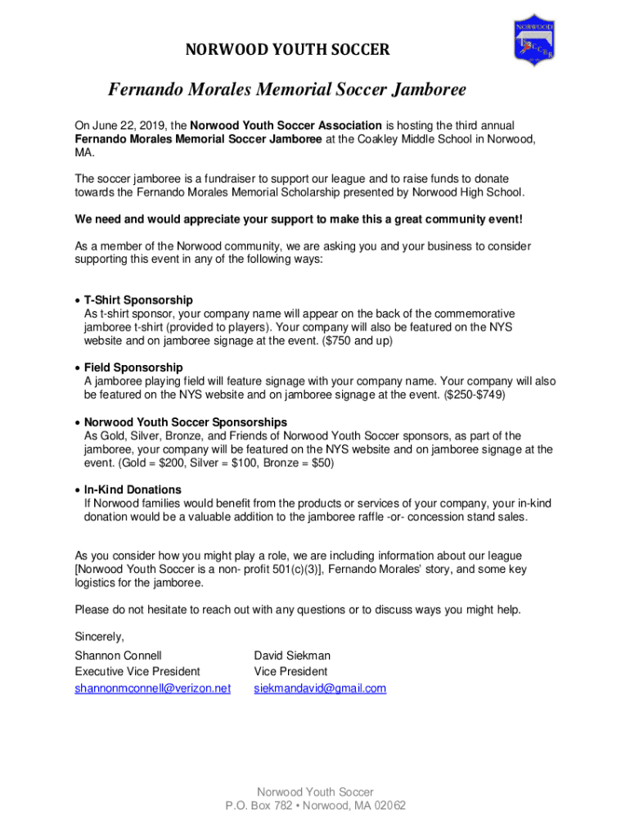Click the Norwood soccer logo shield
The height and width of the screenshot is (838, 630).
pyautogui.click(x=535, y=39)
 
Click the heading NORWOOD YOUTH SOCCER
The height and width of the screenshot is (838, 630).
pyautogui.click(x=288, y=51)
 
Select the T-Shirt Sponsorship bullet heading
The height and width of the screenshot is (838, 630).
pyautogui.click(x=138, y=300)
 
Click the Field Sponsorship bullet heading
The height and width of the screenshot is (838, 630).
pyautogui.click(x=133, y=367)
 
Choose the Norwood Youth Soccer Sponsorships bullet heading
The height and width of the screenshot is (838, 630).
pyautogui.click(x=185, y=422)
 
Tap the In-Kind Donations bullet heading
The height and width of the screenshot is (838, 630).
pyautogui.click(x=132, y=489)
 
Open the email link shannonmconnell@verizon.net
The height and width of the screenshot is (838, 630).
pyautogui.click(x=153, y=688)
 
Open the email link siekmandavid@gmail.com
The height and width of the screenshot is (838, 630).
pyautogui.click(x=320, y=688)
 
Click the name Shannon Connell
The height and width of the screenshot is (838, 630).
pyautogui.click(x=118, y=656)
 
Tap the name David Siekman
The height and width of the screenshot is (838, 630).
pyautogui.click(x=292, y=656)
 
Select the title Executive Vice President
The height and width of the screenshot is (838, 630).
pyautogui.click(x=137, y=672)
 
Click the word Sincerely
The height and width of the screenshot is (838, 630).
pyautogui.click(x=99, y=636)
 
